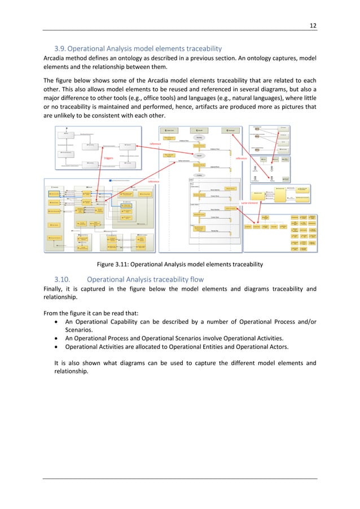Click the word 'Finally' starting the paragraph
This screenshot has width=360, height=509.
pyautogui.click(x=55, y=289)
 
